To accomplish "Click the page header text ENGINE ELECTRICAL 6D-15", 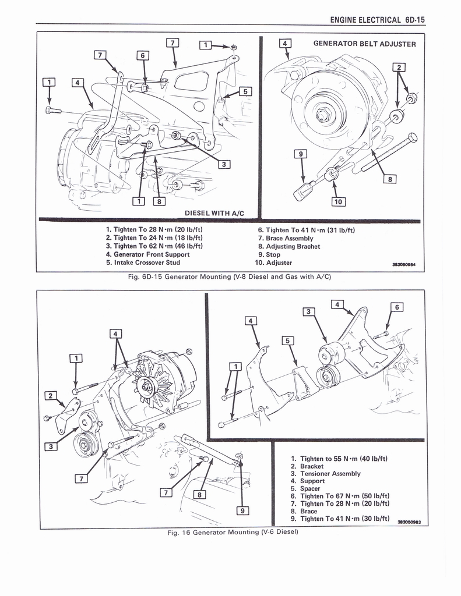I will point(377,19).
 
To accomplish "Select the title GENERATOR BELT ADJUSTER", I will point(364,44).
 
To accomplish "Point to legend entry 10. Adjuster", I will point(270,262).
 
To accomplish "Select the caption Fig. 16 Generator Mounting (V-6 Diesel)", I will point(232,532).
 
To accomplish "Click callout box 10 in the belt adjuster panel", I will point(338,202).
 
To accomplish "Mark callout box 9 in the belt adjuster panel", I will point(300,154).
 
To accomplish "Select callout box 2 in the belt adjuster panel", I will point(399,67).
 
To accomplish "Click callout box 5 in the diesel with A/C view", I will point(245,91).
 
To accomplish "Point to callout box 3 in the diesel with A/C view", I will point(222,164).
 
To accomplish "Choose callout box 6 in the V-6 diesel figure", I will point(396,307).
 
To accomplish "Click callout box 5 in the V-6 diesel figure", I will point(287,341).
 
